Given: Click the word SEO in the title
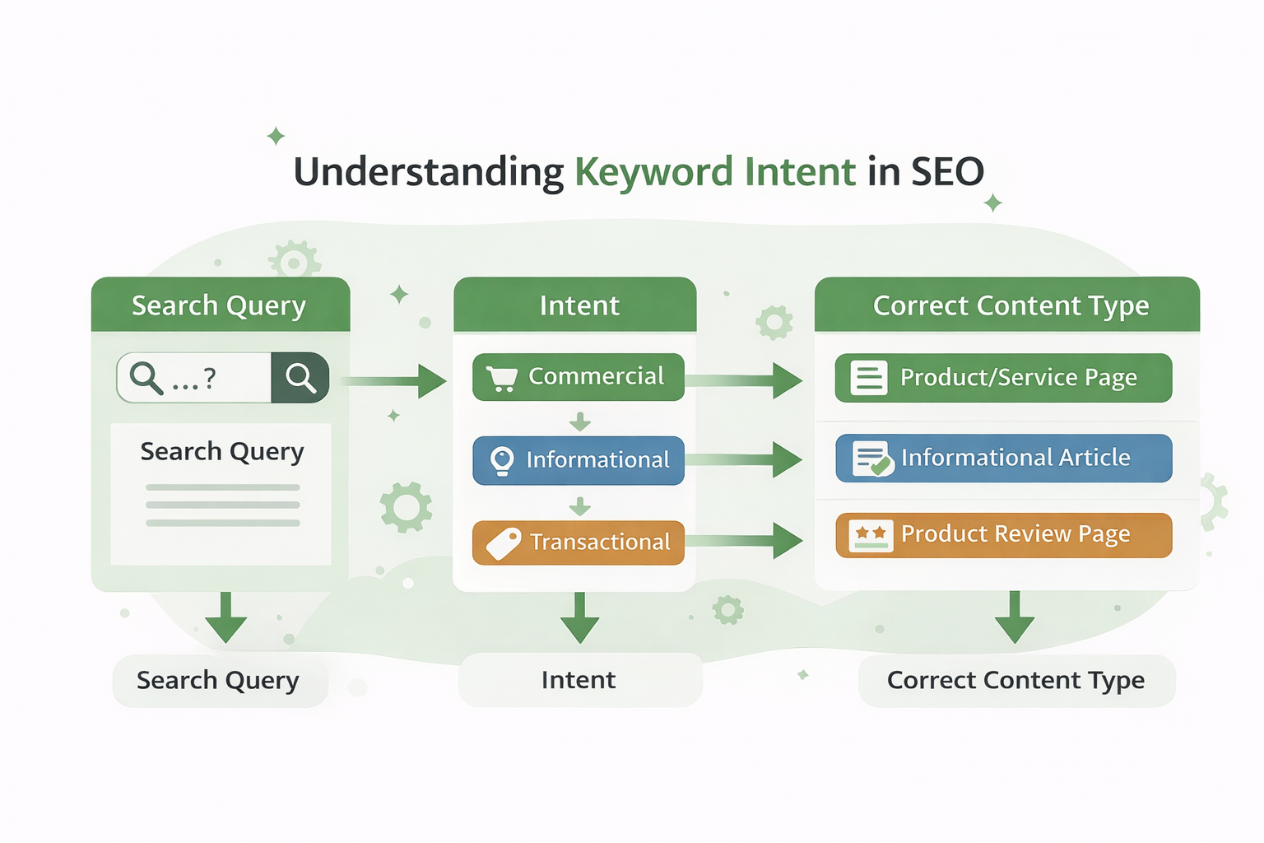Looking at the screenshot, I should pyautogui.click(x=947, y=172).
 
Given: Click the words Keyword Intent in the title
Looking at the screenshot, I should pyautogui.click(x=714, y=172).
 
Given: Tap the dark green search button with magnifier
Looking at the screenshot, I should pyautogui.click(x=300, y=378).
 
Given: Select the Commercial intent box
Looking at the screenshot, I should pyautogui.click(x=578, y=377).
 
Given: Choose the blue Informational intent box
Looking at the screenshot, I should pyautogui.click(x=578, y=460).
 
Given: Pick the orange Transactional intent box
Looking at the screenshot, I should pyautogui.click(x=578, y=543).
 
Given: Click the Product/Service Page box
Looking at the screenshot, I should pyautogui.click(x=1003, y=378).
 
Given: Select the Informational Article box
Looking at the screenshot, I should pyautogui.click(x=1003, y=458).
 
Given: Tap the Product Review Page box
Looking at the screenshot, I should pyautogui.click(x=1003, y=535).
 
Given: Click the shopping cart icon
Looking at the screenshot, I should pyautogui.click(x=501, y=379).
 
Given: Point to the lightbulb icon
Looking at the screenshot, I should pyautogui.click(x=502, y=461).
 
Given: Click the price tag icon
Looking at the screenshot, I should pyautogui.click(x=504, y=543).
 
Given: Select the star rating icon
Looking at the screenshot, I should pyautogui.click(x=870, y=536).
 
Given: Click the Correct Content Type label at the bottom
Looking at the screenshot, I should pyautogui.click(x=1015, y=681).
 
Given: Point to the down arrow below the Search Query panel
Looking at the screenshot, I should pyautogui.click(x=226, y=617).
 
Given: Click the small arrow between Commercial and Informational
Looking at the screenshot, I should pyautogui.click(x=580, y=421).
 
